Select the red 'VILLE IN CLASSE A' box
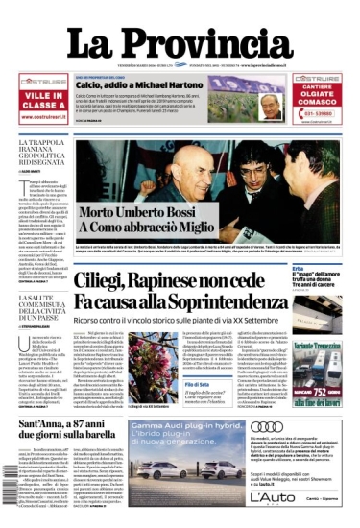coord(43,100)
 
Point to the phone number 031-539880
coord(324,111)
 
